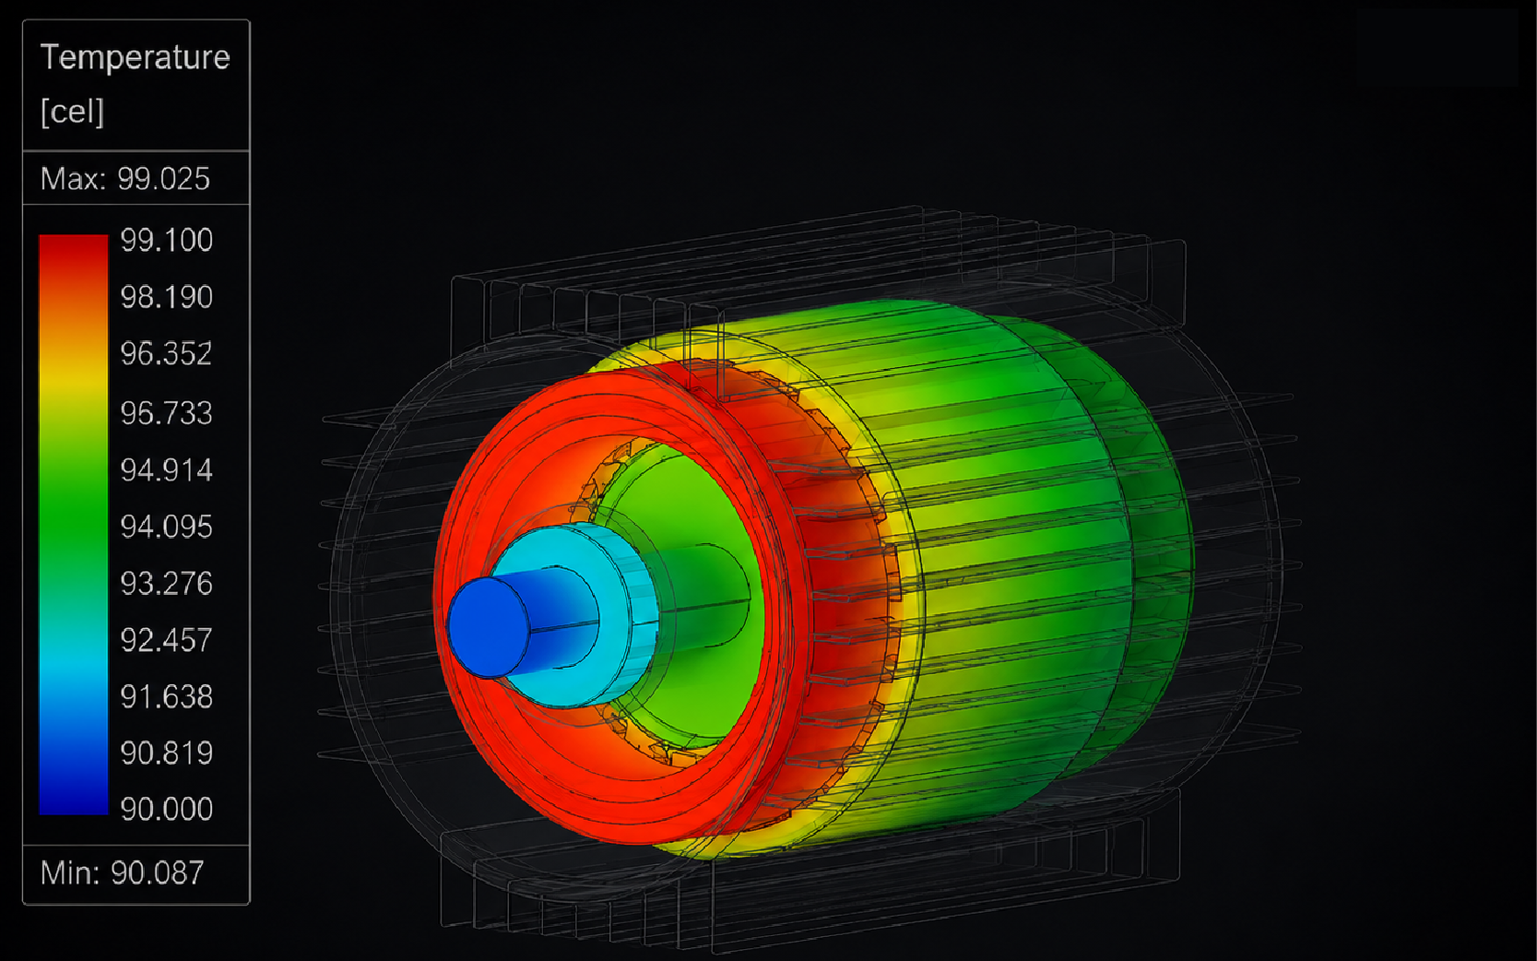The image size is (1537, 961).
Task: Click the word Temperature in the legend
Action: pyautogui.click(x=136, y=57)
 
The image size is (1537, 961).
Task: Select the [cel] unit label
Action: pyautogui.click(x=72, y=112)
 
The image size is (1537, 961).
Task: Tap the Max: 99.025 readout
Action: pyautogui.click(x=124, y=179)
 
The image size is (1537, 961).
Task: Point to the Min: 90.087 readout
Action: pyautogui.click(x=122, y=873)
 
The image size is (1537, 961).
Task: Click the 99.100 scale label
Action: pyautogui.click(x=167, y=240)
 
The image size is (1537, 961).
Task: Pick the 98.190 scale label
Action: pyautogui.click(x=167, y=297)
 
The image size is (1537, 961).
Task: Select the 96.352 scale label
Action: pyautogui.click(x=167, y=354)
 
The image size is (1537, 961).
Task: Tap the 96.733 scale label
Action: pyautogui.click(x=167, y=413)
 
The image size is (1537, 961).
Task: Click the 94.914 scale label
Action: pyautogui.click(x=167, y=470)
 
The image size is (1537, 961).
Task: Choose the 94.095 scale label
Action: pyautogui.click(x=167, y=528)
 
